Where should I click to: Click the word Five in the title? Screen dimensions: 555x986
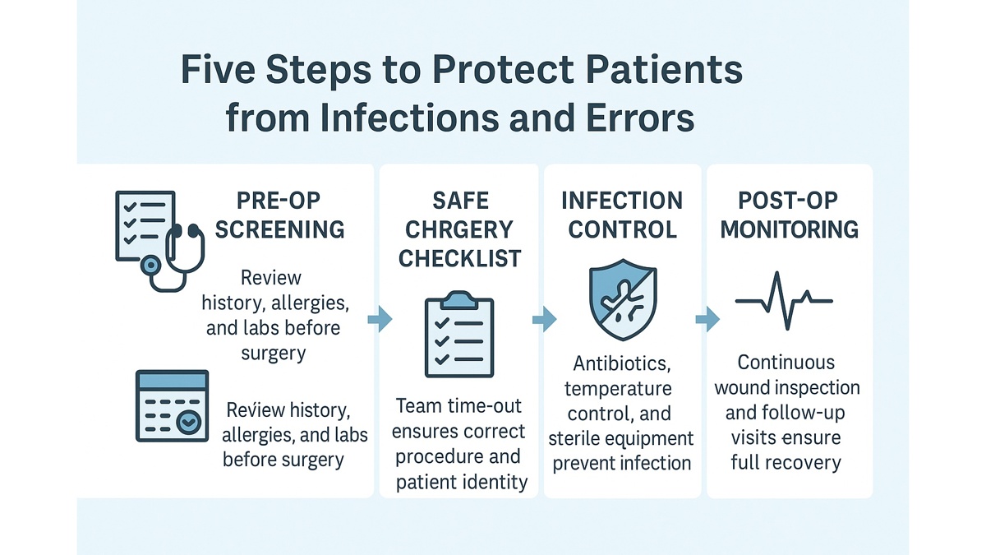(215, 72)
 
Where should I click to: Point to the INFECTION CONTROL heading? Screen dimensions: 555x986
(621, 215)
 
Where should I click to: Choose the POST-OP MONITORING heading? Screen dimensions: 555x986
(789, 215)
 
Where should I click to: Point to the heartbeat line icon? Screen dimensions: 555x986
(784, 301)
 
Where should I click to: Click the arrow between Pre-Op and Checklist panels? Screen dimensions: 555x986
(380, 319)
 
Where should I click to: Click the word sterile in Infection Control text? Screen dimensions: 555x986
(575, 438)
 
